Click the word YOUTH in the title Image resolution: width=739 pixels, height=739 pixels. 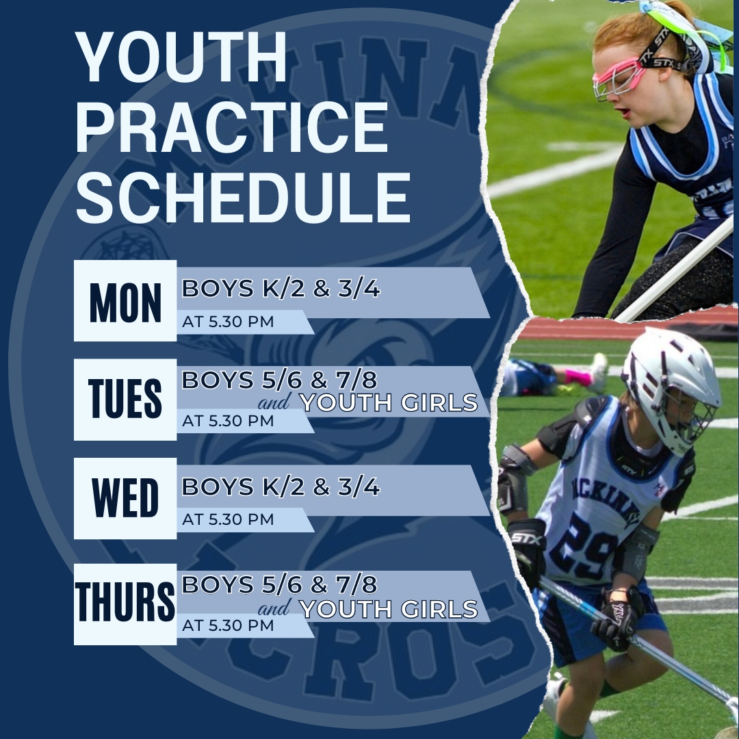[181, 57]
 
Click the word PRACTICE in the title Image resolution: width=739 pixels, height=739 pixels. [231, 127]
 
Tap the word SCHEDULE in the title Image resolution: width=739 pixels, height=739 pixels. [243, 197]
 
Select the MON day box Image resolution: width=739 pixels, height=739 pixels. [125, 300]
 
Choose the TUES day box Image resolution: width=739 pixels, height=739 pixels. [125, 400]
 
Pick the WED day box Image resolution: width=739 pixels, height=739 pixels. [125, 498]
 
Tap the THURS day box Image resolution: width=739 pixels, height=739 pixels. [125, 604]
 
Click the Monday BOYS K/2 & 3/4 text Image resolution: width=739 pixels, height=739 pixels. [281, 289]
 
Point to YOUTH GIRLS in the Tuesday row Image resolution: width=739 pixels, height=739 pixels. [389, 402]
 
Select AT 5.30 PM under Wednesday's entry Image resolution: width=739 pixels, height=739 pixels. [228, 519]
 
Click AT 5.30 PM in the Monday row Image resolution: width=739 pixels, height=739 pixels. [228, 322]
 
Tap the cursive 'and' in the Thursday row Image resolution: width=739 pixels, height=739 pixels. [274, 608]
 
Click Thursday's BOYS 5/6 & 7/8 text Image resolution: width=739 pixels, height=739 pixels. [279, 585]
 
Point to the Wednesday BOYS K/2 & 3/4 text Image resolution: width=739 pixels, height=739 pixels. [281, 487]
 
